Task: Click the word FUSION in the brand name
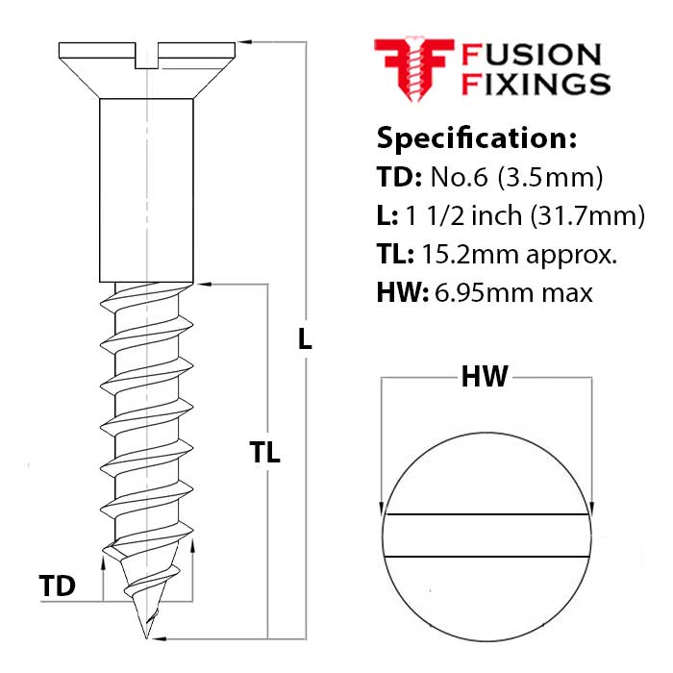coord(532,55)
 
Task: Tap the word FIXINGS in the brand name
coord(536,84)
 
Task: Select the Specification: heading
coord(476,137)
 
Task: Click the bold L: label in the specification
coord(387,216)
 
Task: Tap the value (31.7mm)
coord(586,216)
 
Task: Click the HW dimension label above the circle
coord(485,377)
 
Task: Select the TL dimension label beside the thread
coord(264,453)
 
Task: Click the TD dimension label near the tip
coord(59,586)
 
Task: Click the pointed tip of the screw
coord(147,635)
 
